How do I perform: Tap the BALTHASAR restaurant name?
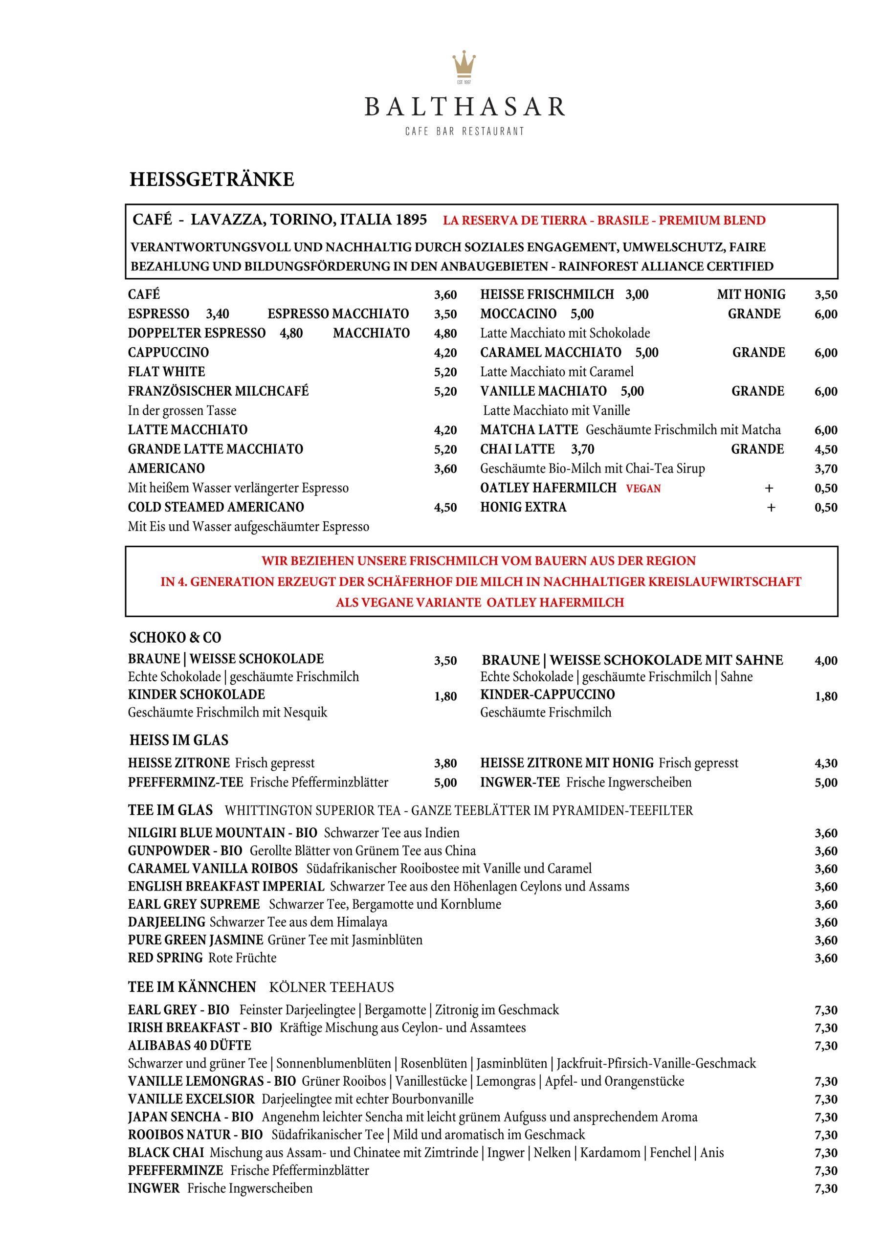[x=465, y=107]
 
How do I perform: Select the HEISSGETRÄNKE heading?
[x=212, y=179]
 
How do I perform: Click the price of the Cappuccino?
[x=445, y=353]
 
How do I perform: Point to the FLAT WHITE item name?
[x=166, y=372]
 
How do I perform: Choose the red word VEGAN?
[x=643, y=489]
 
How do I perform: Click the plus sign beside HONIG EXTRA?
[x=771, y=508]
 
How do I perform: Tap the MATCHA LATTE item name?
[x=529, y=430]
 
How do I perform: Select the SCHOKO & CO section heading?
[x=175, y=637]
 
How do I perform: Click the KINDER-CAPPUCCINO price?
[x=825, y=696]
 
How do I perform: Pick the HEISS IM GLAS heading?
[x=179, y=740]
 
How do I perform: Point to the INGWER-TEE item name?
[x=520, y=782]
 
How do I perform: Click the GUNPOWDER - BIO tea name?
[x=185, y=850]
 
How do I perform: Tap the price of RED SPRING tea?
[x=825, y=958]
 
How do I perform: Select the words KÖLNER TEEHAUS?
[x=331, y=987]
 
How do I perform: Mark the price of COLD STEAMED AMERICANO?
[x=445, y=508]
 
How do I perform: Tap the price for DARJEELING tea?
[x=825, y=923]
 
